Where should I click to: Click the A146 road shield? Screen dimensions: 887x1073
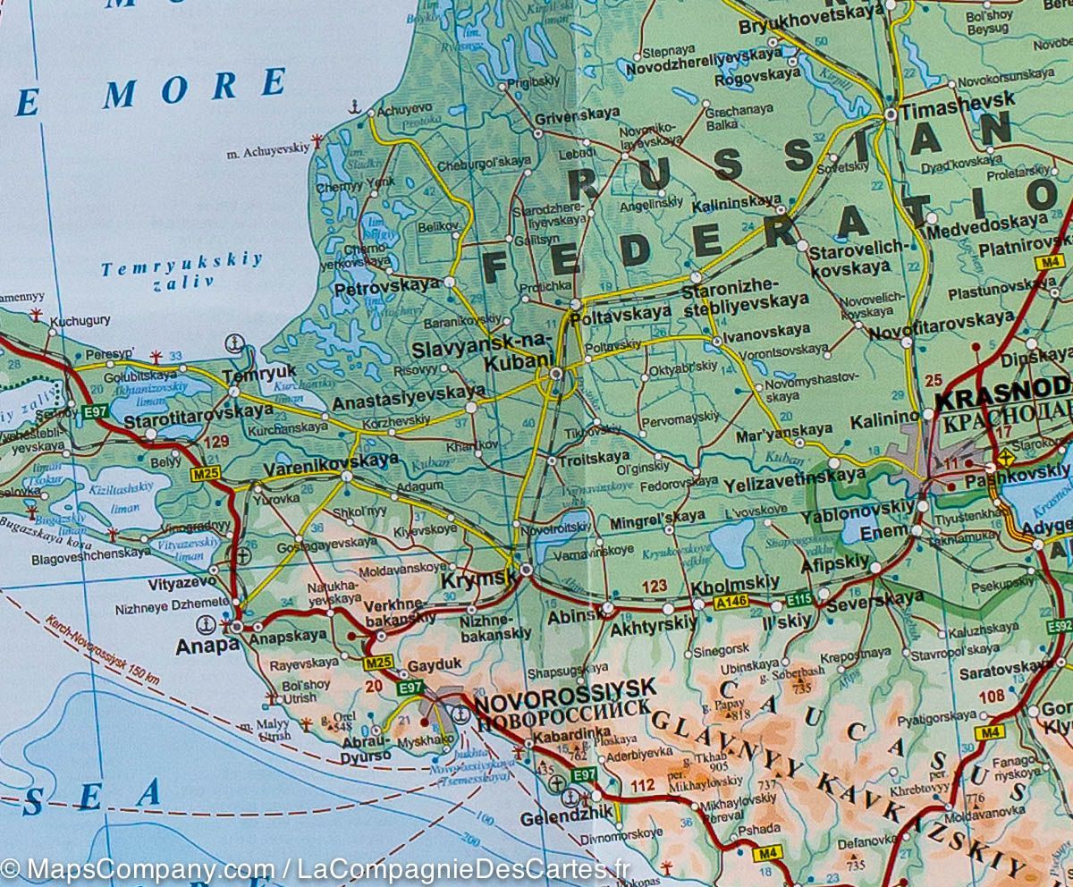(x=731, y=604)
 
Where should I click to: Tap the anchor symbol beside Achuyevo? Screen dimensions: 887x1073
(x=355, y=107)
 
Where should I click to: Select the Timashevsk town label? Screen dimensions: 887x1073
(x=957, y=98)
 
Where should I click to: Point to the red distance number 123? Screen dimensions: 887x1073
(x=655, y=587)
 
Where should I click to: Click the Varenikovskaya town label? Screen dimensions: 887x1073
(x=331, y=460)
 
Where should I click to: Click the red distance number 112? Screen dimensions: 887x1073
(x=642, y=786)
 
